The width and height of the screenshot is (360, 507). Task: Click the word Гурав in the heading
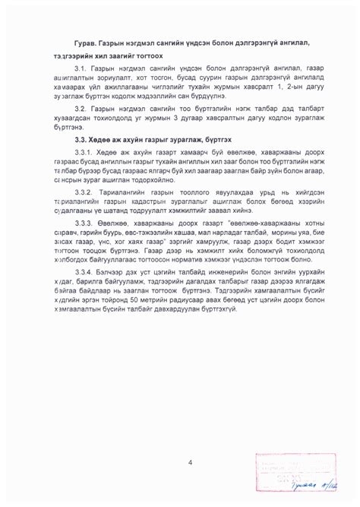tap(89, 40)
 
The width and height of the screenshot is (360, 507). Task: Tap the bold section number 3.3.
tap(82, 142)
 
